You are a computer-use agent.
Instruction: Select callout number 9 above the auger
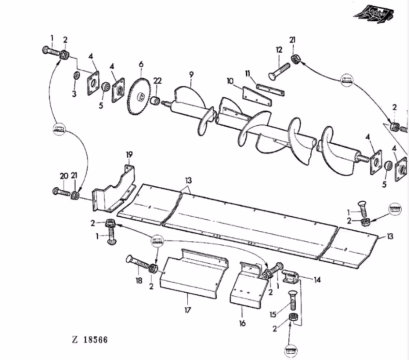point(191,74)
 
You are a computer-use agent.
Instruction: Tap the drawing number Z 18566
point(89,340)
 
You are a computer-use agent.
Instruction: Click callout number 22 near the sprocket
point(158,80)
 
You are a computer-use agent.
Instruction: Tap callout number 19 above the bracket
point(129,155)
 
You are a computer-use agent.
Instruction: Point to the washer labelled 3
point(76,76)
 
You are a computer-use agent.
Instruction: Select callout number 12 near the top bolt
point(279,49)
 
